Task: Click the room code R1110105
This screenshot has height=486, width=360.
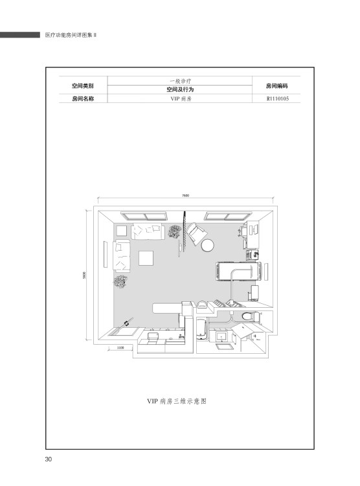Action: tap(278, 99)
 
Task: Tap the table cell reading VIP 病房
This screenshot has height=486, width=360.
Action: tap(180, 99)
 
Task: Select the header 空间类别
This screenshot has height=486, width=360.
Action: tap(83, 86)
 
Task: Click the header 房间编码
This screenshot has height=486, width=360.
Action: tap(276, 86)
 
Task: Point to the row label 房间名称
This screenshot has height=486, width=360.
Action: tap(83, 99)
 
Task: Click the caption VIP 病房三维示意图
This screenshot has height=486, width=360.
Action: tap(177, 401)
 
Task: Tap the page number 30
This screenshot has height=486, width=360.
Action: tap(49, 459)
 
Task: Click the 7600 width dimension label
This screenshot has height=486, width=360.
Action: tap(185, 196)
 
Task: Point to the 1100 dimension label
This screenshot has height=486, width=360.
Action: tap(120, 348)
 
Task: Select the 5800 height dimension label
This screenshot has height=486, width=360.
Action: tap(84, 275)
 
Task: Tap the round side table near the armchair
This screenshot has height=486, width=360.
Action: tap(207, 246)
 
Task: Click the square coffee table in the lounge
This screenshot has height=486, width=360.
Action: tap(146, 258)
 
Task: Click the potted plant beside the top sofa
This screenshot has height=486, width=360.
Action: tap(175, 231)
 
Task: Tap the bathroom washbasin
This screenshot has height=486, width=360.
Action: tap(222, 336)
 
